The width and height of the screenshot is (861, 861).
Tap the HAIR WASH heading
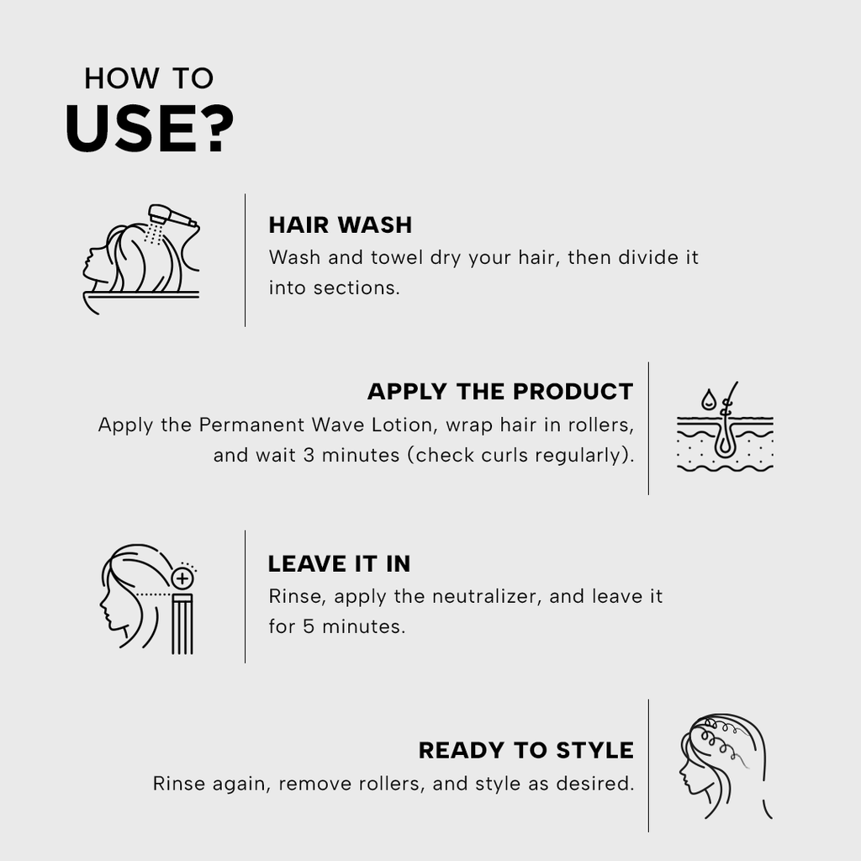tap(340, 225)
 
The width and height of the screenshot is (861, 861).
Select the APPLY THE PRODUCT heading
tap(500, 392)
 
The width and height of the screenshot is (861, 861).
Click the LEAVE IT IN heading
tap(339, 564)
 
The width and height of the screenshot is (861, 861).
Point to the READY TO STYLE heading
tap(526, 751)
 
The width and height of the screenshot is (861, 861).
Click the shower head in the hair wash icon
tap(171, 216)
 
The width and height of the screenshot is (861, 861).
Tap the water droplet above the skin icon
tap(708, 399)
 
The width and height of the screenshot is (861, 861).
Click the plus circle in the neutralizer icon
tap(182, 578)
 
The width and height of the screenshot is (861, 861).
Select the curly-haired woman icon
tap(725, 766)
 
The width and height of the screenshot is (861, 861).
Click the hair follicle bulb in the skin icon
tap(725, 447)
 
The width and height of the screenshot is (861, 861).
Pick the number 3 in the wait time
tap(309, 455)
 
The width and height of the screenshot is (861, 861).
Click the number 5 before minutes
tap(309, 626)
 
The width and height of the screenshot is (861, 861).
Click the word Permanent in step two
tap(251, 425)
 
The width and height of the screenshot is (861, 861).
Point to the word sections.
tap(357, 288)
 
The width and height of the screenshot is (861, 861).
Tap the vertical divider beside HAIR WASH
tap(245, 261)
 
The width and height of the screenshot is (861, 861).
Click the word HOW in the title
tap(121, 78)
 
